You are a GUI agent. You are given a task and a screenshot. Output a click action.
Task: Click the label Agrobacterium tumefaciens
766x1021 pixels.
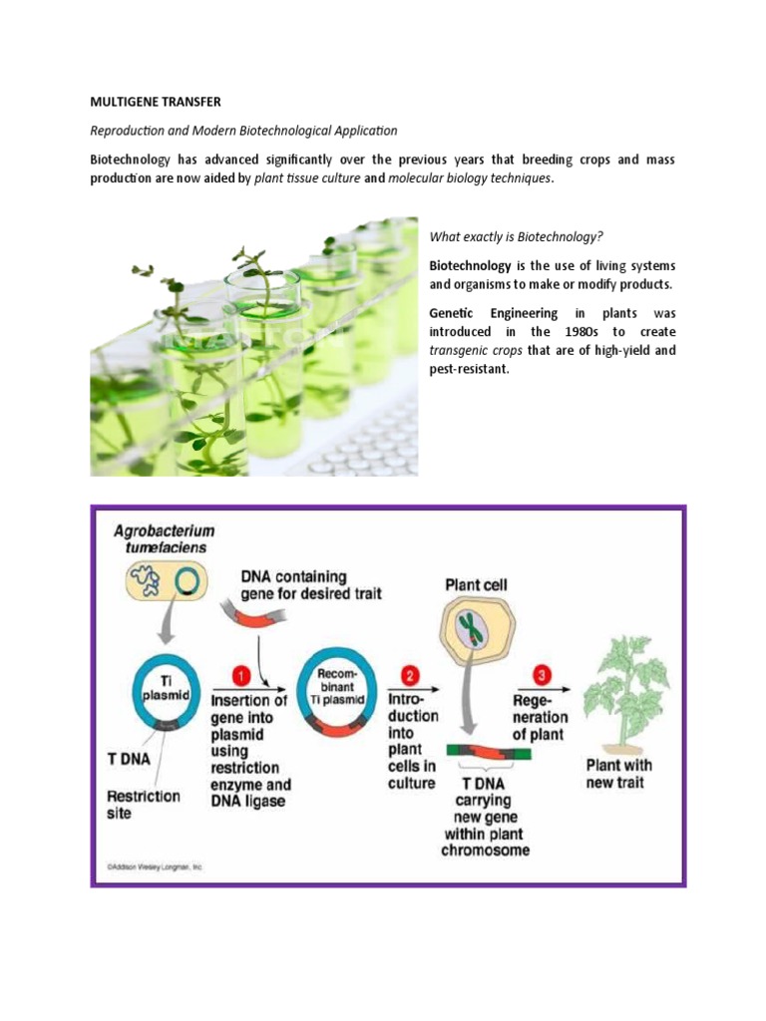coord(165,539)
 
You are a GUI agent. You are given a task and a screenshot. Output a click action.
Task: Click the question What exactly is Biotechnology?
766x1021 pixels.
coord(517,237)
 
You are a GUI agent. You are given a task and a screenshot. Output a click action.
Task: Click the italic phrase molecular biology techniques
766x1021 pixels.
coord(469,178)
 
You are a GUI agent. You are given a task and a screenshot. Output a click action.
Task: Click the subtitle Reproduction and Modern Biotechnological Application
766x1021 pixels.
coord(243,131)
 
